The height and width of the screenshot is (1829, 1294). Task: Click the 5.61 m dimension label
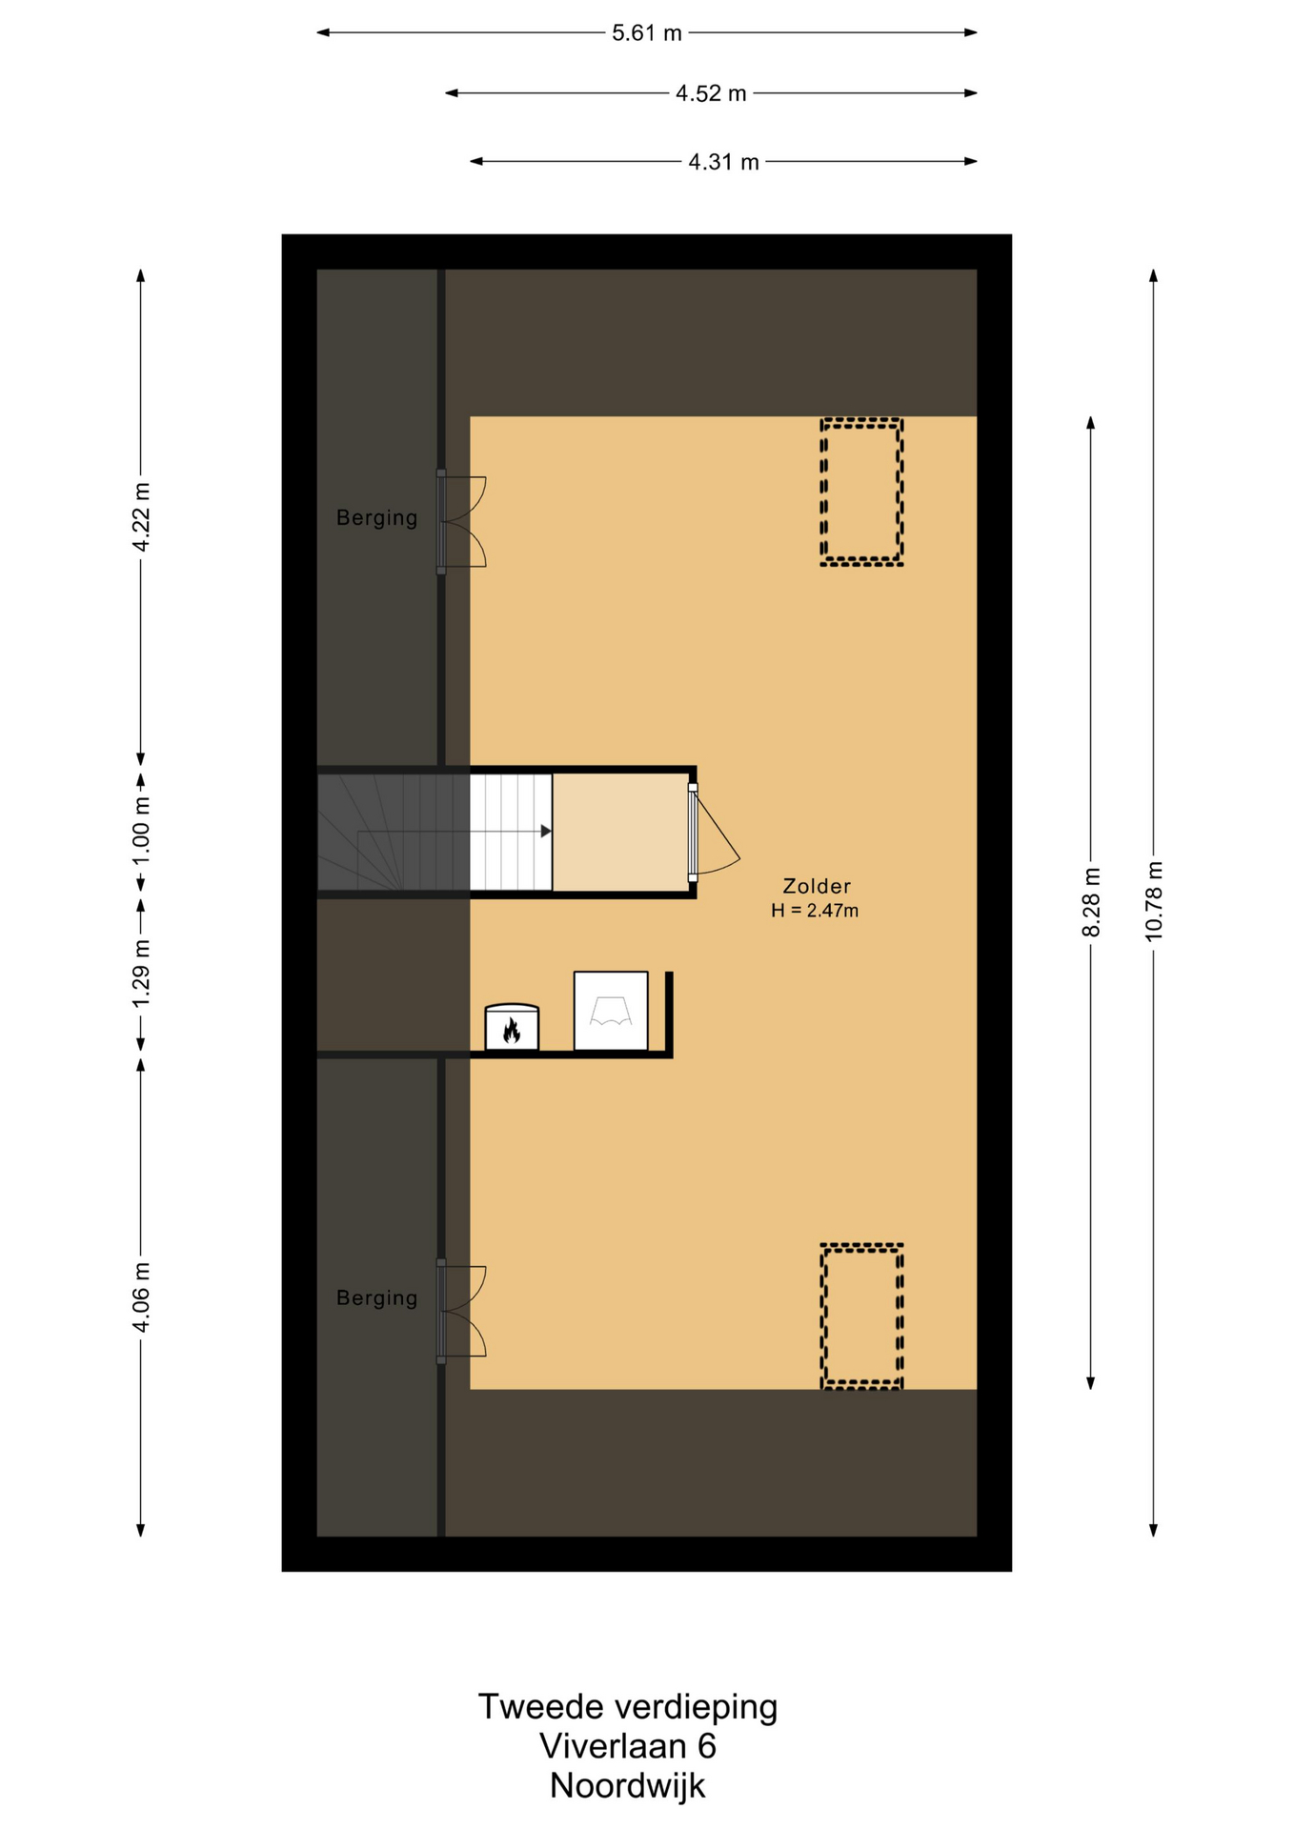[646, 33]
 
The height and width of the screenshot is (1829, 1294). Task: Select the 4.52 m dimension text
[711, 93]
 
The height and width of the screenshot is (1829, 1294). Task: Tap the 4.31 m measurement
[723, 162]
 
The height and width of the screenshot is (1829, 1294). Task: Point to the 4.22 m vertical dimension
[142, 517]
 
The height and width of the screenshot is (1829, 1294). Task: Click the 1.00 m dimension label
[142, 831]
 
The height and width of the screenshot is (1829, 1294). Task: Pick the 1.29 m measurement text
[142, 973]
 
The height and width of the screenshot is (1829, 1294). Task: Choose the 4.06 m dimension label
[142, 1297]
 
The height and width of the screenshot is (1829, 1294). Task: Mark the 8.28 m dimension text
[1091, 902]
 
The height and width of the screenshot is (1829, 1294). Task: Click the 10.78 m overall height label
[1154, 901]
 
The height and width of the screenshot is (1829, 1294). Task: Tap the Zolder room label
[817, 886]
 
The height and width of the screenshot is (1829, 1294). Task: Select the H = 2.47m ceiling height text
[815, 911]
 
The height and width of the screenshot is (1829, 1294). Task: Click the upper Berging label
[376, 518]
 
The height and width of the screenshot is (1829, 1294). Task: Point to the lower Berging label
[376, 1298]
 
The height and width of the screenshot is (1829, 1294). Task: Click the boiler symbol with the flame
[512, 1027]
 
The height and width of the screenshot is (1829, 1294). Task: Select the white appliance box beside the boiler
[611, 1011]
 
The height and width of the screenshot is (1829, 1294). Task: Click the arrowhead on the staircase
[546, 832]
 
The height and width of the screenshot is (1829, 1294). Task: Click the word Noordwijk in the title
[627, 1785]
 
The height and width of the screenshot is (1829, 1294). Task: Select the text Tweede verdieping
[627, 1707]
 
